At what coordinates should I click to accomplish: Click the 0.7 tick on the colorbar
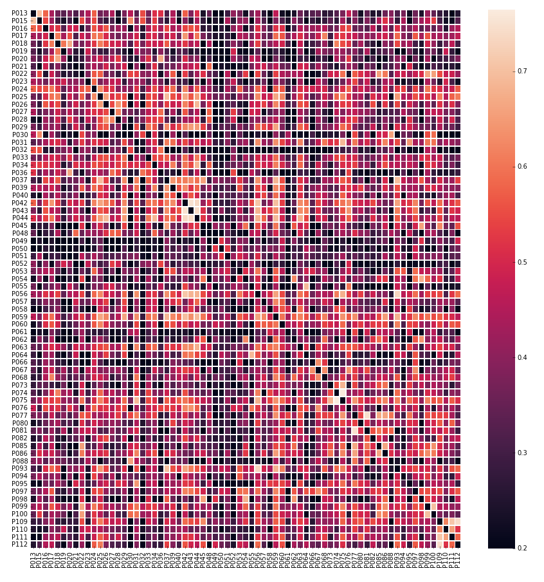(x=523, y=71)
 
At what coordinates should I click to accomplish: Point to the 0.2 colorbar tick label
(x=523, y=549)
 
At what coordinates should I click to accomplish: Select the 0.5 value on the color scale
(x=523, y=262)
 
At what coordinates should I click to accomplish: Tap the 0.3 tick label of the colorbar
(x=523, y=453)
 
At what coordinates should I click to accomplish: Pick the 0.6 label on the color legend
(x=523, y=167)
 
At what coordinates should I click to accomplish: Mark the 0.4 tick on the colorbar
(x=523, y=358)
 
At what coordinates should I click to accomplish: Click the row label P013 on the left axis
(x=19, y=14)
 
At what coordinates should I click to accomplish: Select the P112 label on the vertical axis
(x=19, y=544)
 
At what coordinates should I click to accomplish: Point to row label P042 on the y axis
(x=19, y=203)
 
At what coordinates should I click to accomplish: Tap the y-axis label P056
(x=19, y=294)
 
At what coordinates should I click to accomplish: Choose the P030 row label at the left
(x=19, y=135)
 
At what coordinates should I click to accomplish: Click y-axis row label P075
(x=19, y=400)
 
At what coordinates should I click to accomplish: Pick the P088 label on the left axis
(x=19, y=461)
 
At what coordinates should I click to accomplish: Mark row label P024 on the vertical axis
(x=19, y=89)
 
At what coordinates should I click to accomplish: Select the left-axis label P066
(x=19, y=362)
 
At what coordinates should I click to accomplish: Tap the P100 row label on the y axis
(x=19, y=514)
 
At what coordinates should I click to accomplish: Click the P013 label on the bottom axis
(x=33, y=560)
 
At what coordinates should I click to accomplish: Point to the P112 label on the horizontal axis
(x=458, y=560)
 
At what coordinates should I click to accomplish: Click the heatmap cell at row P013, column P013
(x=33, y=14)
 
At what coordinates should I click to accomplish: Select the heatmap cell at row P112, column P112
(x=458, y=544)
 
